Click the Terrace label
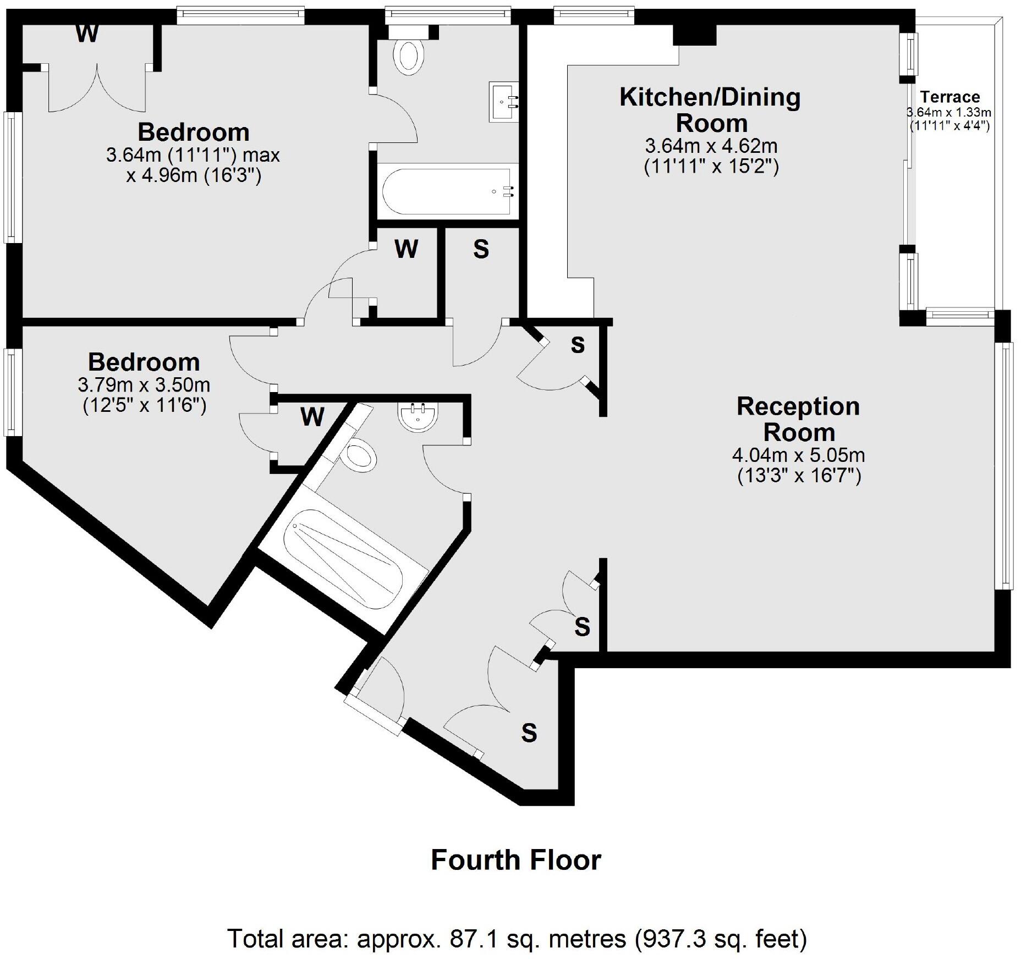(x=949, y=97)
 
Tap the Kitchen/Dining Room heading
(x=710, y=110)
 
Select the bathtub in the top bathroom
(x=447, y=191)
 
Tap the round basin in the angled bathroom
(x=418, y=418)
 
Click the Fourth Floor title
(x=515, y=860)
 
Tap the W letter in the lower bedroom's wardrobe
(x=312, y=417)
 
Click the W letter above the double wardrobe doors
(x=87, y=34)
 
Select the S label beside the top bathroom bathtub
(x=481, y=249)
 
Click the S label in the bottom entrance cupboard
(x=529, y=733)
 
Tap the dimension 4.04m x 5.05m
(x=798, y=455)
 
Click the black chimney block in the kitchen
(x=695, y=35)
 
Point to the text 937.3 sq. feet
(x=720, y=939)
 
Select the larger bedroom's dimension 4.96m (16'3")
(x=194, y=176)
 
